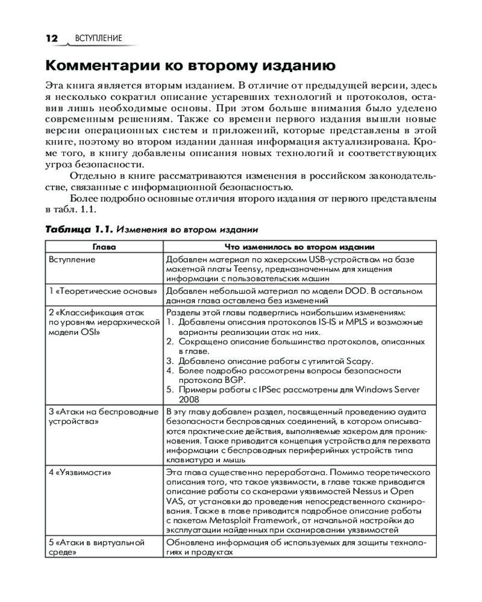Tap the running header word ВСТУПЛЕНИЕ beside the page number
[x=99, y=39]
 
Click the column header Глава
[x=104, y=247]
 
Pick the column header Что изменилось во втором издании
[x=299, y=247]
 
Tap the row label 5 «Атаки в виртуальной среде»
[x=96, y=547]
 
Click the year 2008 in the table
[x=189, y=399]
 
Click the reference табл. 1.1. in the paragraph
[x=70, y=209]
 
